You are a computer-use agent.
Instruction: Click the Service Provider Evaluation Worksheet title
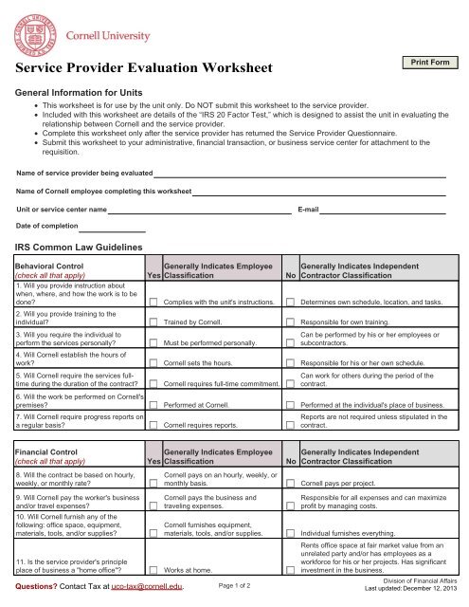pyautogui.click(x=145, y=68)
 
